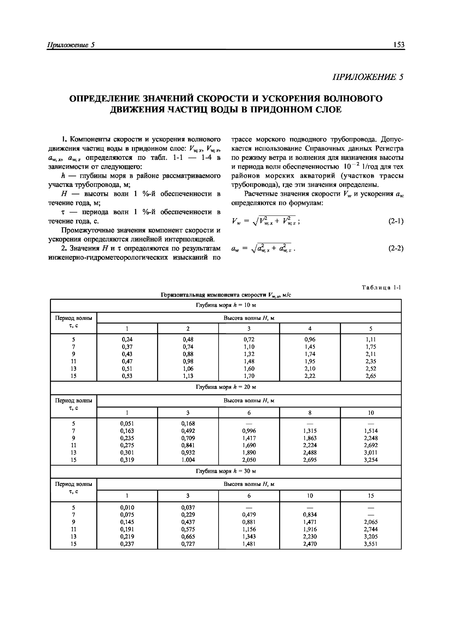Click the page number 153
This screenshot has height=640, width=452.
399,45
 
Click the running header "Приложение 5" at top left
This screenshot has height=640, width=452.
71,45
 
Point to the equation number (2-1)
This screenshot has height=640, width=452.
396,221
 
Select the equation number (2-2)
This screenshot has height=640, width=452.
396,248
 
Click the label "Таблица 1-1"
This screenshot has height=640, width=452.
381,288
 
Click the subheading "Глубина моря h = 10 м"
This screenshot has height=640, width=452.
226,305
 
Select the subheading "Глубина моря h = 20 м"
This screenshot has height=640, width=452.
226,387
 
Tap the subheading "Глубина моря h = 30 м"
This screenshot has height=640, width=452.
226,471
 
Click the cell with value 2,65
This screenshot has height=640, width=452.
371,376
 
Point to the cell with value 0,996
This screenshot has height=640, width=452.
249,431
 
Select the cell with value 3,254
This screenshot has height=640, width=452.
371,460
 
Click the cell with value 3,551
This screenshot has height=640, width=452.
371,543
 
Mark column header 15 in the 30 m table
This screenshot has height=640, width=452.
371,496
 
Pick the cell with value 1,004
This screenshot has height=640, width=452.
188,460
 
